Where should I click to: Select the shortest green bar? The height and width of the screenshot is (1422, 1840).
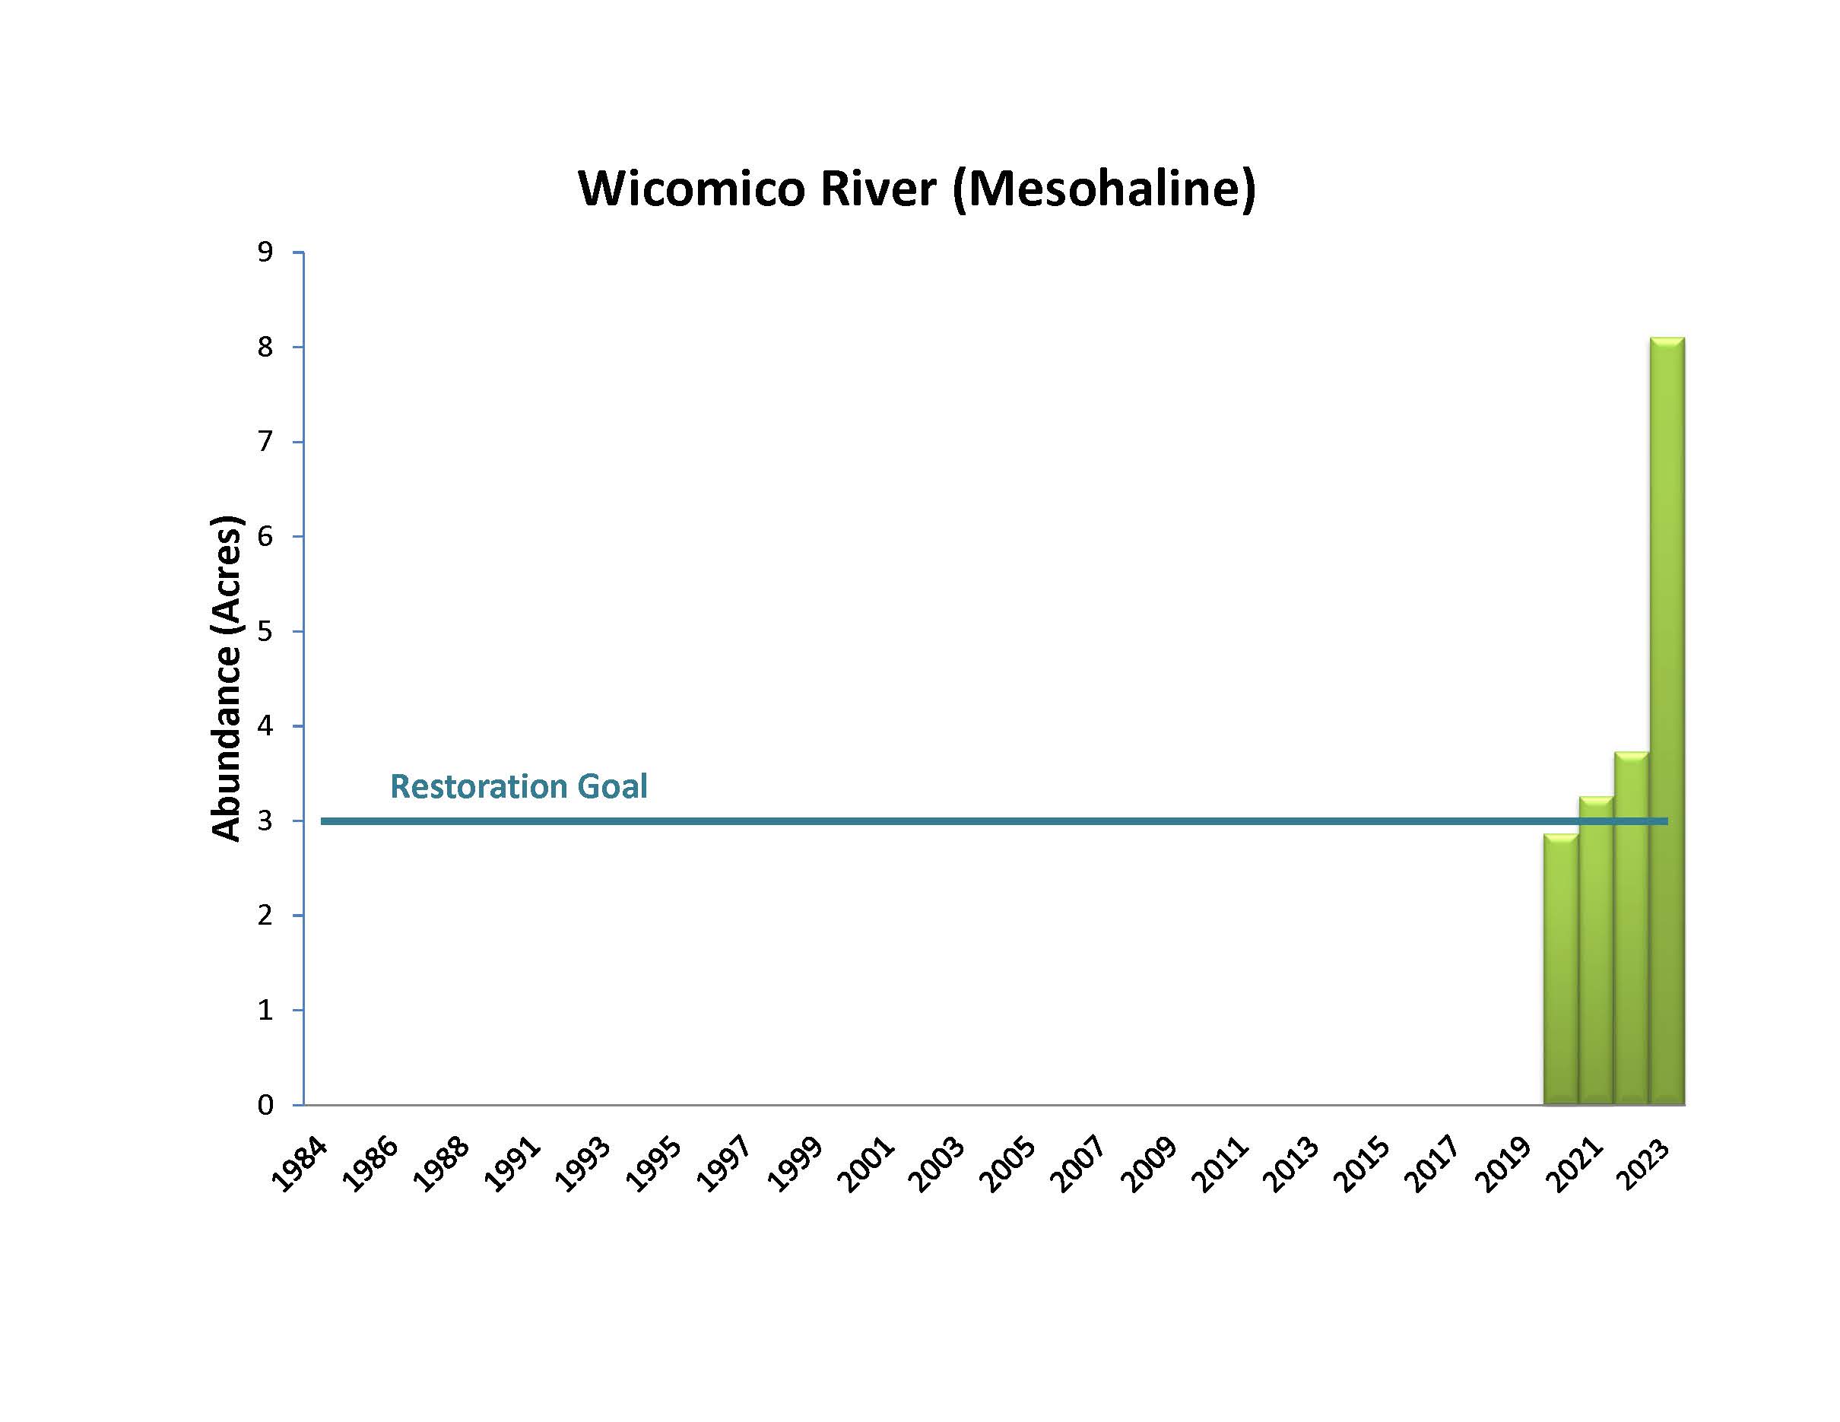click(1560, 969)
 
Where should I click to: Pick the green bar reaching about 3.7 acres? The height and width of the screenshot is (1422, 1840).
click(1631, 927)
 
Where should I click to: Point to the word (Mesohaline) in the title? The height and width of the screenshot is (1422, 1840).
click(1104, 188)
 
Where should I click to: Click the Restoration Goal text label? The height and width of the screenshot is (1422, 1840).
click(518, 786)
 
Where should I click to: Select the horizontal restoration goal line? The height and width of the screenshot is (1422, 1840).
click(927, 821)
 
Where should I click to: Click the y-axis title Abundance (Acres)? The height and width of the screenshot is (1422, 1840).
click(226, 678)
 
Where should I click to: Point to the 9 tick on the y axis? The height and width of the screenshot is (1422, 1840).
click(265, 252)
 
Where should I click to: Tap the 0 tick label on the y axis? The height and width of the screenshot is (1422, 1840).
click(265, 1104)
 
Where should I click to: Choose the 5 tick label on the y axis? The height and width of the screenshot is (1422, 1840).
click(265, 631)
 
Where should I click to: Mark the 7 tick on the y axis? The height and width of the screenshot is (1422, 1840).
click(265, 441)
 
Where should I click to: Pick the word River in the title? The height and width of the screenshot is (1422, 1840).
click(877, 188)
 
